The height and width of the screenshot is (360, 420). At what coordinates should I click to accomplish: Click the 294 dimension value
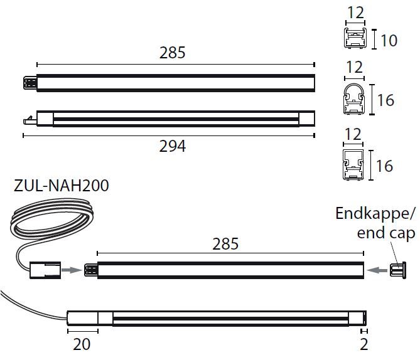173,146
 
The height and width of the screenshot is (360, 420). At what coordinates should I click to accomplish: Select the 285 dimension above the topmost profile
173,53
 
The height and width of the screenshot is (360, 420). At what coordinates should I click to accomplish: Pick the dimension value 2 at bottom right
364,344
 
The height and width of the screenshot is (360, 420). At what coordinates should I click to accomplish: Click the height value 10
389,41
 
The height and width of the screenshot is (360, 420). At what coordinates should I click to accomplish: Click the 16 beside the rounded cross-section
385,100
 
